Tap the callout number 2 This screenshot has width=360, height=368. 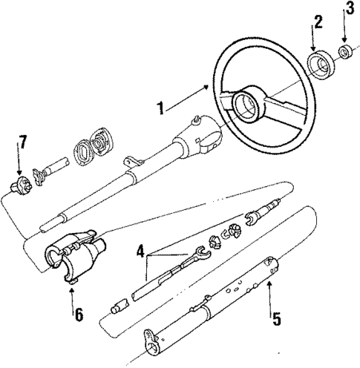[318, 22]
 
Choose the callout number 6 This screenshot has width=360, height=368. [78, 313]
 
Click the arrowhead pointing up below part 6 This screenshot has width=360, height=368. [71, 291]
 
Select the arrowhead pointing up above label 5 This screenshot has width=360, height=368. [269, 284]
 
